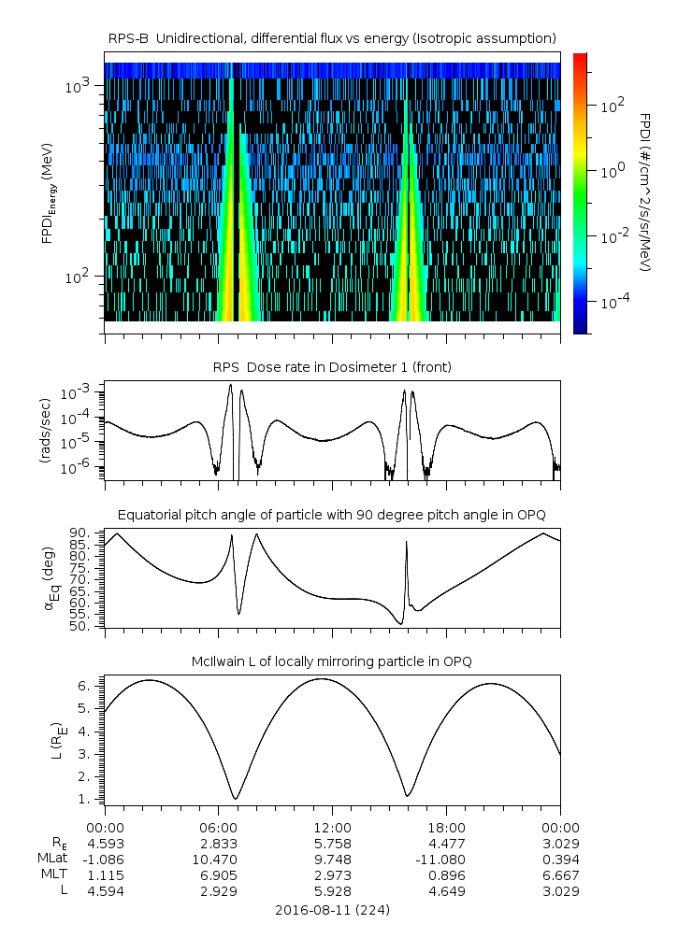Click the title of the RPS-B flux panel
click(332, 37)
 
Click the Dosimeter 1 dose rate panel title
click(332, 367)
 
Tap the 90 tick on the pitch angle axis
click(79, 533)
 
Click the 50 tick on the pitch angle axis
click(79, 626)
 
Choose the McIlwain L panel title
click(332, 661)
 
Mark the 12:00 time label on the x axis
click(332, 828)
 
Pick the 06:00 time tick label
click(218, 828)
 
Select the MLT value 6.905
click(218, 874)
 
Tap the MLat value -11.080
click(446, 859)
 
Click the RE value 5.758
click(332, 843)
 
